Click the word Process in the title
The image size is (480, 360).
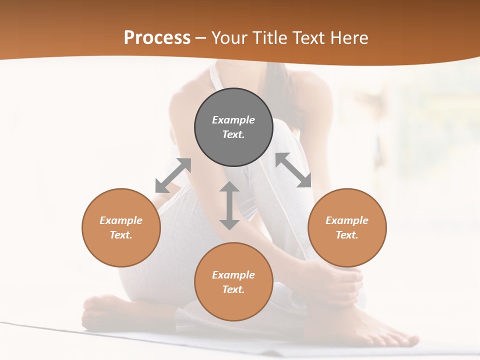tap(157, 38)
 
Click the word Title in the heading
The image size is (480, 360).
tap(269, 38)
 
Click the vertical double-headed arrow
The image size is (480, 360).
tap(229, 205)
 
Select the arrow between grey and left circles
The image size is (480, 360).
tap(173, 175)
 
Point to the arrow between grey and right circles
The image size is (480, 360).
tap(293, 170)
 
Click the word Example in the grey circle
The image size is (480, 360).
tap(233, 120)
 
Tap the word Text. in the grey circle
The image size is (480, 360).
tap(233, 134)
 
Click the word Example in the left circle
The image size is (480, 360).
tap(121, 220)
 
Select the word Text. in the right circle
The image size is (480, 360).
tap(347, 235)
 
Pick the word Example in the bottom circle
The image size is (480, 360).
tap(233, 275)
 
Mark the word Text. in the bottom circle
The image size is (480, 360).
tap(233, 289)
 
